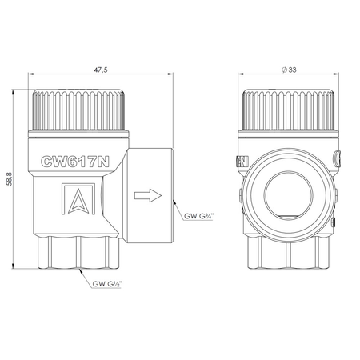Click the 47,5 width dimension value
101,70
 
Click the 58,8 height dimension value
10,178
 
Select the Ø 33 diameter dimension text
289,70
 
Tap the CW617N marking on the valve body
75,162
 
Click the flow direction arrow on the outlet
148,195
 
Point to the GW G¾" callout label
198,216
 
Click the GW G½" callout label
107,284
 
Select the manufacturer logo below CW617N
78,198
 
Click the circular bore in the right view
289,195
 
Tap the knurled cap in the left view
78,110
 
